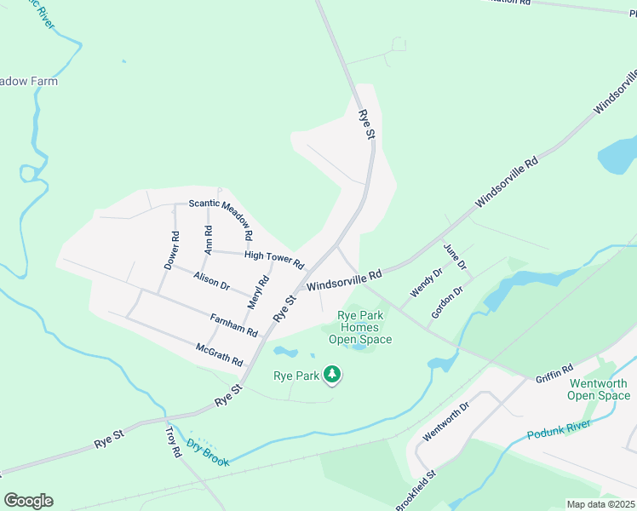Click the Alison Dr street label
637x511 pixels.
(212, 282)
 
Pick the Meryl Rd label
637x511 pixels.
(253, 292)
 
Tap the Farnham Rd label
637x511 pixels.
(233, 324)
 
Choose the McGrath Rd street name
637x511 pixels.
(219, 354)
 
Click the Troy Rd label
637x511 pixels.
(172, 443)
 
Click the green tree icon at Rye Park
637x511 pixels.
(332, 375)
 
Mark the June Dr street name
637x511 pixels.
(455, 256)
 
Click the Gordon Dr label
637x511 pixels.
(446, 302)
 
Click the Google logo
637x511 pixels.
(29, 501)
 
